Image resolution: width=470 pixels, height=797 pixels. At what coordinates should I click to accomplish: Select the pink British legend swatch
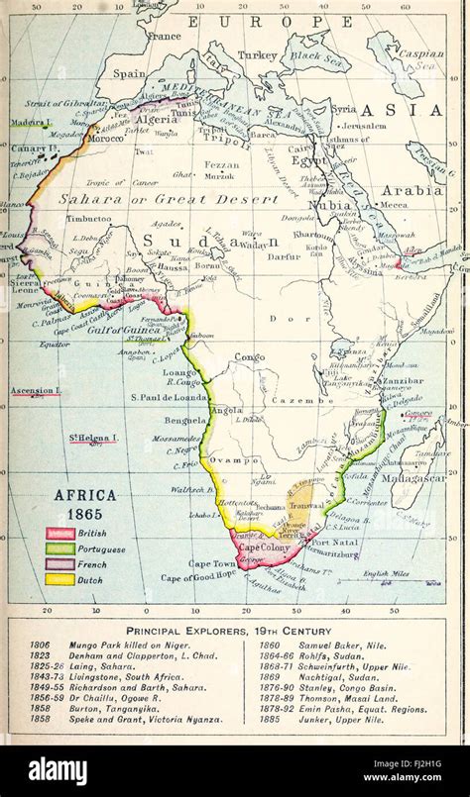pos(60,534)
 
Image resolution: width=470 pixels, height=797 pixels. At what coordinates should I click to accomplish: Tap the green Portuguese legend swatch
pos(60,548)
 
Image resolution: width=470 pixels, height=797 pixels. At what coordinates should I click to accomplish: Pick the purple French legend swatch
pos(60,563)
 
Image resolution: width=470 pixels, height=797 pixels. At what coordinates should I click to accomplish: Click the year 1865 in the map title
pos(84,515)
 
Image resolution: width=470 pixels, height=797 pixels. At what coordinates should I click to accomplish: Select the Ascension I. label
pos(36,391)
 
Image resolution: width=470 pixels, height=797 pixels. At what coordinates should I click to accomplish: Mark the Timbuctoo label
pos(89,218)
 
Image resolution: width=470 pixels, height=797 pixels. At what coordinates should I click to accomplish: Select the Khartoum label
pos(313,237)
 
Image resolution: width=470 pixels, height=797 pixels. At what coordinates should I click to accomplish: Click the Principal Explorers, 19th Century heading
pos(234,630)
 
